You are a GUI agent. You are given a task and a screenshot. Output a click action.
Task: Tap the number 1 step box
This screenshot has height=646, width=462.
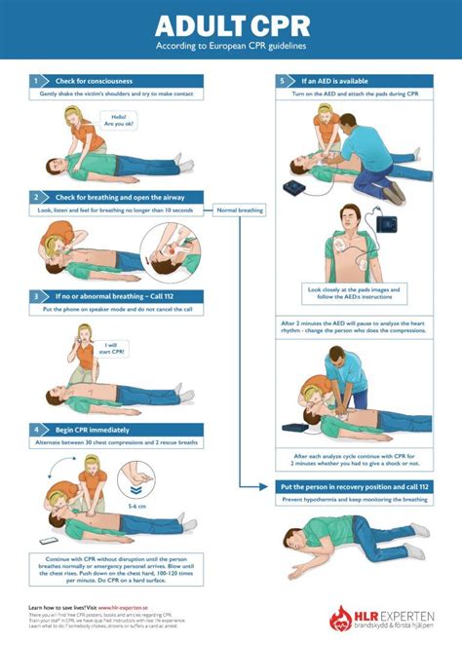pos(35,81)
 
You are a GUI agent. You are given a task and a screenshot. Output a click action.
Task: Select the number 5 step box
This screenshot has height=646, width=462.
pos(282,81)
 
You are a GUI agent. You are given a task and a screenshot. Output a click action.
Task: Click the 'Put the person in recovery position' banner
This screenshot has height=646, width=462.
pos(355,486)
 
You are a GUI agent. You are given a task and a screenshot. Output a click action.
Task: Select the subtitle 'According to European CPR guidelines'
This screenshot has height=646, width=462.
pos(230,46)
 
